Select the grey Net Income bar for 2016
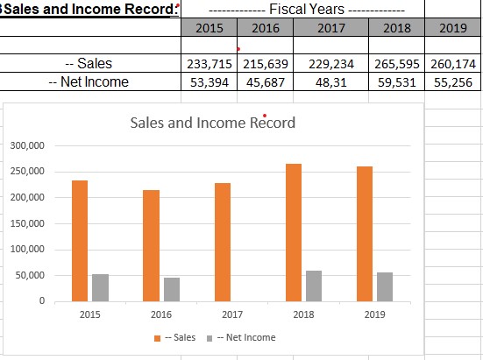tap(171, 289)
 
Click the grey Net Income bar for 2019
tap(385, 286)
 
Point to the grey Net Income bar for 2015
tap(100, 287)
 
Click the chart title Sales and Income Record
tap(212, 123)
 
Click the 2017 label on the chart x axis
tap(232, 314)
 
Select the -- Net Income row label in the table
tap(89, 81)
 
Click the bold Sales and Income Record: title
tap(88, 10)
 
